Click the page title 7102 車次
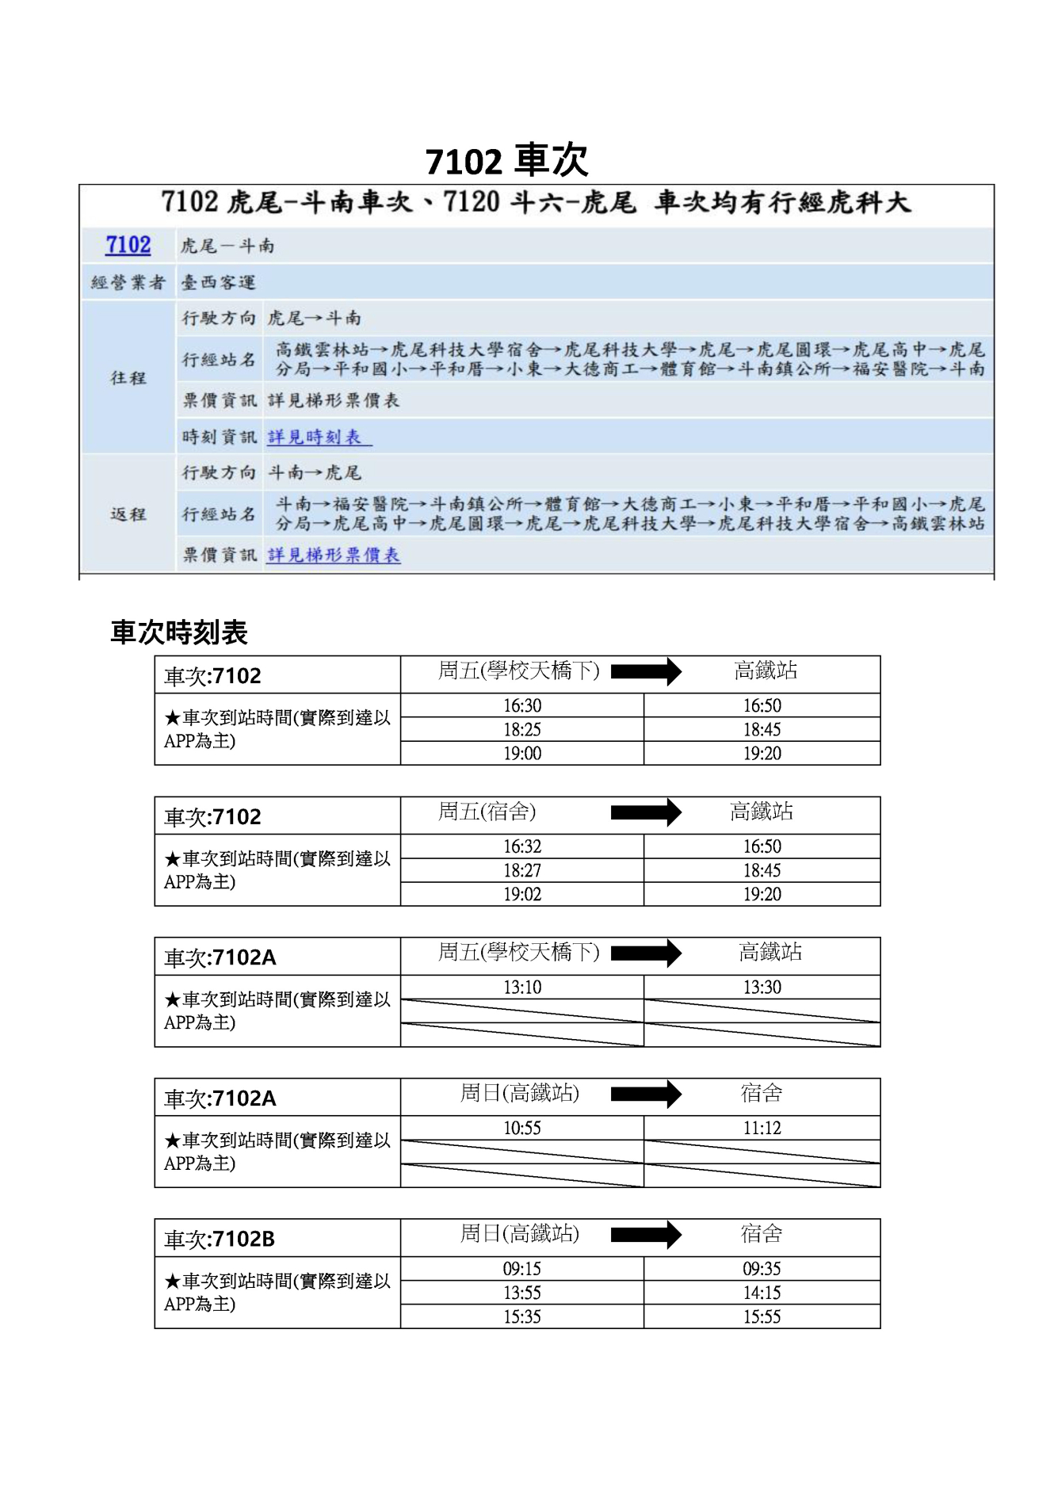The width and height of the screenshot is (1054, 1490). (x=507, y=161)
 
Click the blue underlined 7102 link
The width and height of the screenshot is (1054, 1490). (x=128, y=245)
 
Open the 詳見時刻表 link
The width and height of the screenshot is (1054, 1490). (x=315, y=437)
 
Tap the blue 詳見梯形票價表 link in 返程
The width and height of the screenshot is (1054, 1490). (x=334, y=555)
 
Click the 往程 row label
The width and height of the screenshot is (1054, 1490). (x=128, y=377)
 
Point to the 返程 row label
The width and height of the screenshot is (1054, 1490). (x=128, y=514)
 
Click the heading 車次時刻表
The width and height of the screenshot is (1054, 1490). (x=179, y=632)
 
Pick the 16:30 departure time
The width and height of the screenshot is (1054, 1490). (x=522, y=705)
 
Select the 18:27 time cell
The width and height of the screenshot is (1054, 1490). (x=522, y=870)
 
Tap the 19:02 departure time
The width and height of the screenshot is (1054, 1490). (x=522, y=894)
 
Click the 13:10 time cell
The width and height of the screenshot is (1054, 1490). (x=522, y=987)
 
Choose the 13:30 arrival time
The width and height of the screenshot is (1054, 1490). (x=762, y=987)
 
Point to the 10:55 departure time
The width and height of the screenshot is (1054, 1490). (x=522, y=1128)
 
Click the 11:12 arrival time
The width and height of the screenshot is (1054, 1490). (x=762, y=1128)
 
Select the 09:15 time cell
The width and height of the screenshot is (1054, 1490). (x=522, y=1269)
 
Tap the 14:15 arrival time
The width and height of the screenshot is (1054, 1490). (x=762, y=1293)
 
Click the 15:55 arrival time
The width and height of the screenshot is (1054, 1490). (x=762, y=1316)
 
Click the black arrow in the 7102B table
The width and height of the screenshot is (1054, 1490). (x=646, y=1234)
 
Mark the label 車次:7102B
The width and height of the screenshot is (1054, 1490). (x=220, y=1239)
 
